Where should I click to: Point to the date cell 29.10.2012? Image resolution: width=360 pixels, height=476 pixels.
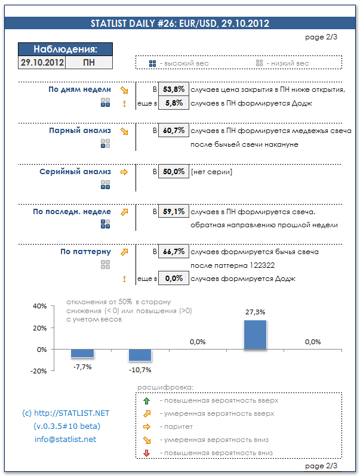pyautogui.click(x=42, y=62)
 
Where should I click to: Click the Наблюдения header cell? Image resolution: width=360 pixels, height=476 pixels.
pyautogui.click(x=66, y=50)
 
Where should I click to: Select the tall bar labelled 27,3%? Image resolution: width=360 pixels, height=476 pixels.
pyautogui.click(x=255, y=335)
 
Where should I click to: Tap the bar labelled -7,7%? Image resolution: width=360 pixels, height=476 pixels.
pyautogui.click(x=82, y=354)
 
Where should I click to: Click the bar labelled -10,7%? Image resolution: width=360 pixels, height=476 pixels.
pyautogui.click(x=140, y=356)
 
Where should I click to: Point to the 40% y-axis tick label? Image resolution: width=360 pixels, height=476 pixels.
pyautogui.click(x=39, y=306)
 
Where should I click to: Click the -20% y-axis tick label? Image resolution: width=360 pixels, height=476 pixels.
pyautogui.click(x=39, y=371)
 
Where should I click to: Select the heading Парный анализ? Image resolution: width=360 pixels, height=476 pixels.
pyautogui.click(x=80, y=130)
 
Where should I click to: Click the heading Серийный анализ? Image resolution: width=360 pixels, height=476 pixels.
pyautogui.click(x=75, y=172)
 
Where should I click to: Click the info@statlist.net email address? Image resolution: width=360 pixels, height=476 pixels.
pyautogui.click(x=66, y=440)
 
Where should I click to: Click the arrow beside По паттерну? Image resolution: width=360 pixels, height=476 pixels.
pyautogui.click(x=124, y=252)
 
